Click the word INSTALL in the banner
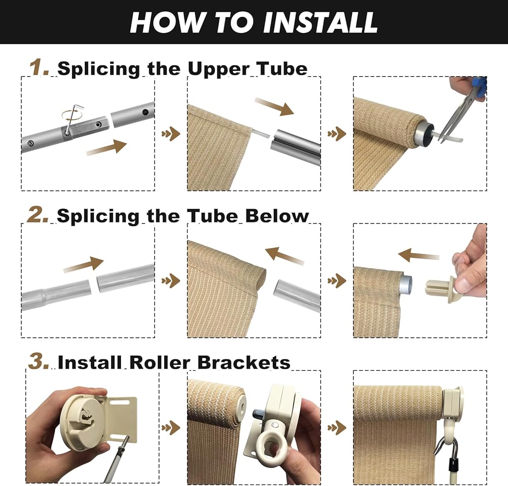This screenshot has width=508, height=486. point(321,22)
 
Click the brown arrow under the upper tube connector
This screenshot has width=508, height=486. point(106,148)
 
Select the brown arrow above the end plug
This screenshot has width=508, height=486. point(419,255)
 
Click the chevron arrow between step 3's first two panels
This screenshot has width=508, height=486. point(171,428)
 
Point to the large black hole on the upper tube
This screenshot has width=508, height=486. point(145,112)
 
